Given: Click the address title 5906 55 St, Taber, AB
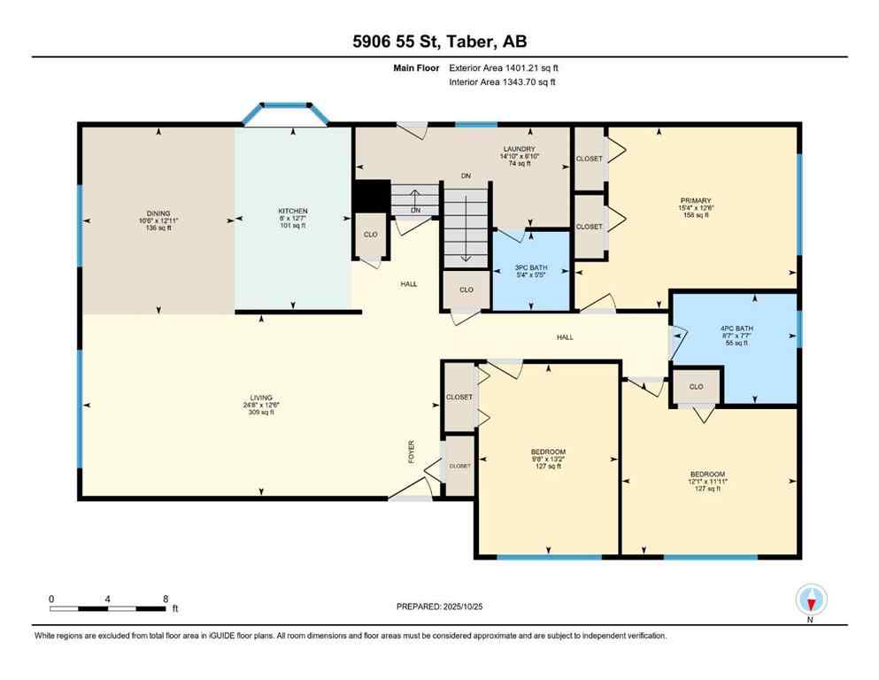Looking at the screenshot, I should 439,42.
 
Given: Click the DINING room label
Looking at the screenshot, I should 158,212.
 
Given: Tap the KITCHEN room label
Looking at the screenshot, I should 292,212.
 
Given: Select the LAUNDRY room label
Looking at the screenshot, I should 519,149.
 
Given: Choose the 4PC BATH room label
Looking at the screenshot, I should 735,329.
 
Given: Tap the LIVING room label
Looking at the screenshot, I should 260,398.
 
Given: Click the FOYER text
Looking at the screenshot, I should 411,452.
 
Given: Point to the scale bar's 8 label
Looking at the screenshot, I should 166,599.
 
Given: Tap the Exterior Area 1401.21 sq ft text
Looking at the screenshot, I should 504,67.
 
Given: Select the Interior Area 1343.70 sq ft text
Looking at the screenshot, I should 503,82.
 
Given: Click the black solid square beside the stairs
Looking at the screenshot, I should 371,196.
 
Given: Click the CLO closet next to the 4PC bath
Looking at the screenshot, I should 697,386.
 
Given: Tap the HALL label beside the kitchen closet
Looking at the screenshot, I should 408,284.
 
